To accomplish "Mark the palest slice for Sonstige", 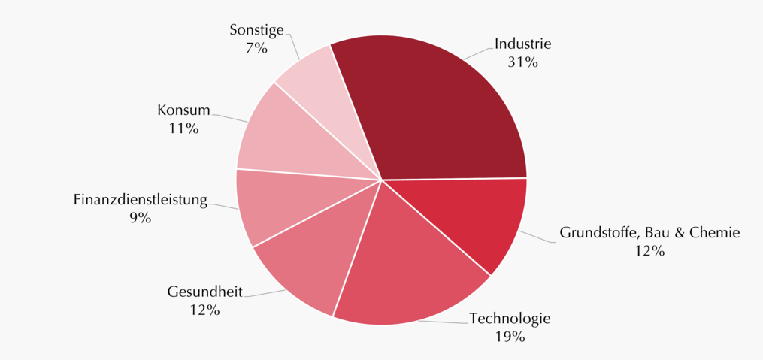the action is click(x=326, y=92).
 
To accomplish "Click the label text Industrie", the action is click(x=522, y=44).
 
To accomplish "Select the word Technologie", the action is click(x=510, y=319).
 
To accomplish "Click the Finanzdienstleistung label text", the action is click(x=141, y=200).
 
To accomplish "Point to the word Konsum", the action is click(x=183, y=110).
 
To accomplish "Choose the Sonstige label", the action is click(x=256, y=31).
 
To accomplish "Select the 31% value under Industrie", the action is click(x=523, y=62).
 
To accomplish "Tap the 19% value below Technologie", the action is click(x=510, y=337).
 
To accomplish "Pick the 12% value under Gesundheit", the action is click(x=205, y=310).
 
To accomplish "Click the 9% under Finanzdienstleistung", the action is click(x=141, y=218).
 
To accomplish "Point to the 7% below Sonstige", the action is click(x=256, y=49).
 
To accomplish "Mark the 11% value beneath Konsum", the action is click(x=184, y=129).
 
